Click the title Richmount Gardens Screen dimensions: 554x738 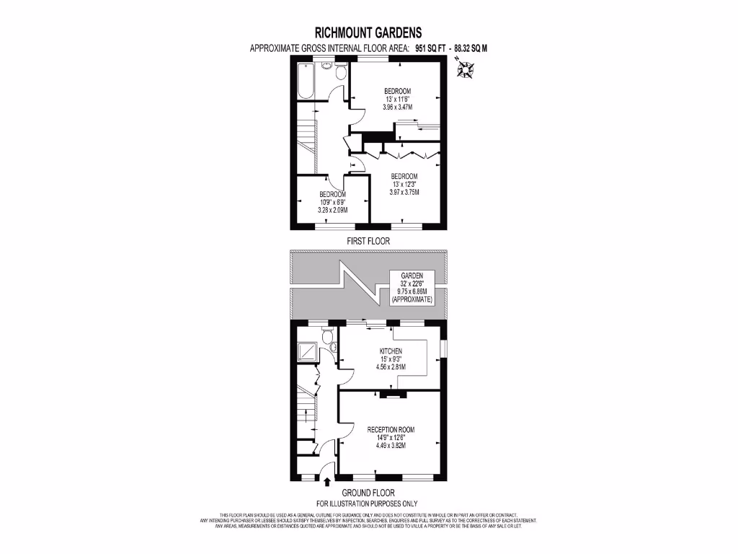pos(368,32)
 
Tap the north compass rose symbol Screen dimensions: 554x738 pos(465,70)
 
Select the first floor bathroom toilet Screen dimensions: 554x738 pos(340,70)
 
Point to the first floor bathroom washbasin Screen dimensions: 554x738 pos(326,67)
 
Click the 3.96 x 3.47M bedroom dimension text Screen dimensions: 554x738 pos(397,107)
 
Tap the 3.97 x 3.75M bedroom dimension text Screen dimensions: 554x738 pos(404,192)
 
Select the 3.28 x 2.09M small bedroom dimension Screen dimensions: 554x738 pos(333,211)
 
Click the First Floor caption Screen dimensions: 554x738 pos(368,241)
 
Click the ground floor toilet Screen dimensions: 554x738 pos(328,337)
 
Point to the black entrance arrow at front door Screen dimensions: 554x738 pos(327,481)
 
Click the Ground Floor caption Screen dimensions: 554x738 pos(368,493)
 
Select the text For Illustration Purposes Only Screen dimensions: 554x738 pos(368,504)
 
